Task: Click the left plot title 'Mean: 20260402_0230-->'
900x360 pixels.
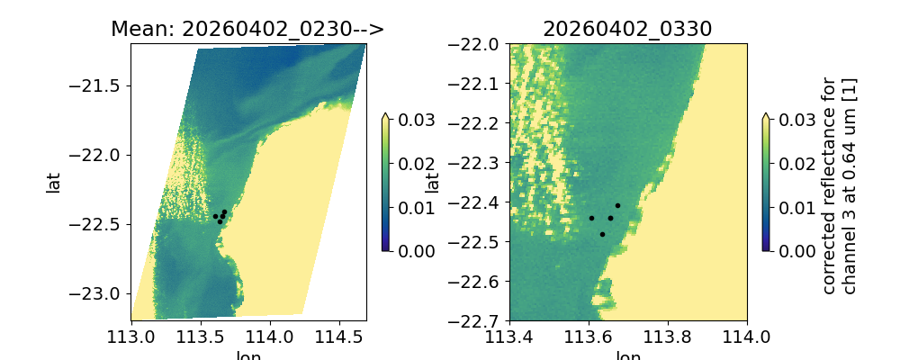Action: [247, 29]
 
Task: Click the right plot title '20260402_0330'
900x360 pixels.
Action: [627, 29]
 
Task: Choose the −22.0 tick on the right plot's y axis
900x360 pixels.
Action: [482, 44]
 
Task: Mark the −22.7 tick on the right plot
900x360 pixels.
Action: [482, 320]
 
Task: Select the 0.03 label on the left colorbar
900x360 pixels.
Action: [410, 120]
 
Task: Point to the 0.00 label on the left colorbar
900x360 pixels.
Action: [410, 250]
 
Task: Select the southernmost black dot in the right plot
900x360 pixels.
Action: [602, 234]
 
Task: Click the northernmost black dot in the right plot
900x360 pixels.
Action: [617, 205]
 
